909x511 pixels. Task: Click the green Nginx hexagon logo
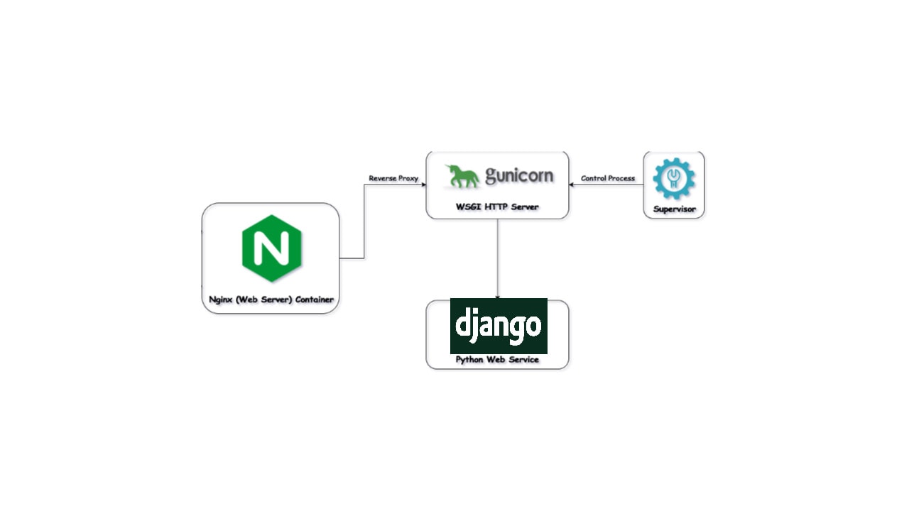[x=271, y=248]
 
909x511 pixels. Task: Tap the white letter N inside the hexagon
[x=271, y=248]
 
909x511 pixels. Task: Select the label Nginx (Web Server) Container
[x=271, y=300]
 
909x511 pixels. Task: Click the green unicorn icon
[x=462, y=175]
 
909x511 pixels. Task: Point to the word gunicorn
[x=519, y=175]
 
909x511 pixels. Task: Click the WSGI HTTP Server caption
[x=497, y=207]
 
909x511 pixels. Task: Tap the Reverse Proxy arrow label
[x=393, y=178]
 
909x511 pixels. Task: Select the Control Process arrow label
[x=608, y=178]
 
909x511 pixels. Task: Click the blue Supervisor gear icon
[x=674, y=178]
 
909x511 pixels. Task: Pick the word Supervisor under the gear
[x=674, y=209]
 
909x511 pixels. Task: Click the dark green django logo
[x=499, y=326]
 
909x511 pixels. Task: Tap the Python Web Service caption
[x=497, y=360]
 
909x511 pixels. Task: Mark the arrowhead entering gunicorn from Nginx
[x=423, y=185]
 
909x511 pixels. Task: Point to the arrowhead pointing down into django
[x=497, y=297]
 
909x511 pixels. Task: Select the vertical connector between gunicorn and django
[x=497, y=255]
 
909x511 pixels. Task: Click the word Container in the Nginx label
[x=314, y=300]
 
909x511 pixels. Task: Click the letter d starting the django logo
[x=463, y=325]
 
